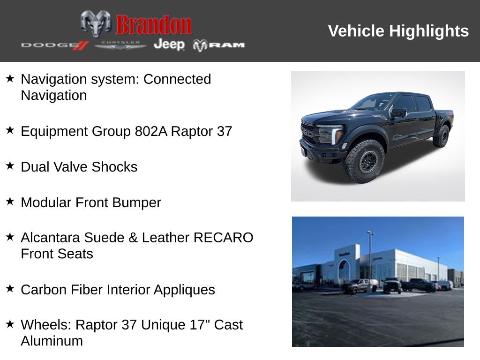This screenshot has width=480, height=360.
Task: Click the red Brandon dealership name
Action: click(x=154, y=25)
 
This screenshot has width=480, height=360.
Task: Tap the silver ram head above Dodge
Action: click(x=96, y=23)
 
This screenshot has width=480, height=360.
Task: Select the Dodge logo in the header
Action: click(x=55, y=45)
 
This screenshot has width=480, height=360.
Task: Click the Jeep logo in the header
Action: click(x=169, y=45)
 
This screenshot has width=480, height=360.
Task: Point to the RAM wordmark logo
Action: click(x=218, y=45)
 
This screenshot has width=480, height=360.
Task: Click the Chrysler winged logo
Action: click(x=120, y=45)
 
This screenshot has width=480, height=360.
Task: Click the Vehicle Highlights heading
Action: click(x=398, y=31)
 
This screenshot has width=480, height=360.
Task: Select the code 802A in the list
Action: click(x=151, y=131)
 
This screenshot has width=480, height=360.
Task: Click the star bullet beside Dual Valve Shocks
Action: click(x=10, y=165)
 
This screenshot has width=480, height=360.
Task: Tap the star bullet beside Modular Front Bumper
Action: click(x=10, y=201)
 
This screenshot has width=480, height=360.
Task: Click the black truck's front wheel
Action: click(x=365, y=161)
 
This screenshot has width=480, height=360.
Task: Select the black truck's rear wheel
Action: click(x=442, y=136)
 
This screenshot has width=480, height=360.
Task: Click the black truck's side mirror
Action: click(x=399, y=112)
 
